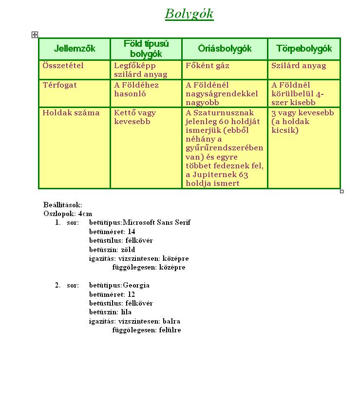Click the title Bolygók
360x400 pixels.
coord(189,14)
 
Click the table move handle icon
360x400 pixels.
coord(35,35)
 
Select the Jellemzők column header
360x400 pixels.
coord(75,49)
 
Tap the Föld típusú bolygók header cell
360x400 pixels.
coord(146,49)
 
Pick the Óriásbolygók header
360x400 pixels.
coord(225,49)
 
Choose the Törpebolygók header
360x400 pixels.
coord(304,49)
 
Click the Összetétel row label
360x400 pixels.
coord(63,66)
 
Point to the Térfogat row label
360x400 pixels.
coord(59,85)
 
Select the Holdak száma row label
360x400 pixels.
coord(71,113)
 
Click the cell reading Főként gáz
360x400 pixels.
coord(208,66)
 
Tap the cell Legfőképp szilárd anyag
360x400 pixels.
coord(140,70)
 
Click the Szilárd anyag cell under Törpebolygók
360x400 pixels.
coord(299,66)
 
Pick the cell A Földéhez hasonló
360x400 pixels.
coord(136,90)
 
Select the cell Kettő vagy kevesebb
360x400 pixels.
coord(135,117)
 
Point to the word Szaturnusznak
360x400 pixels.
coord(224,113)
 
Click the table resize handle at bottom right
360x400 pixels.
coord(341,191)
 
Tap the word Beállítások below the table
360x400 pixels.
coord(63,205)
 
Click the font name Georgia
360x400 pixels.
coord(136,285)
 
